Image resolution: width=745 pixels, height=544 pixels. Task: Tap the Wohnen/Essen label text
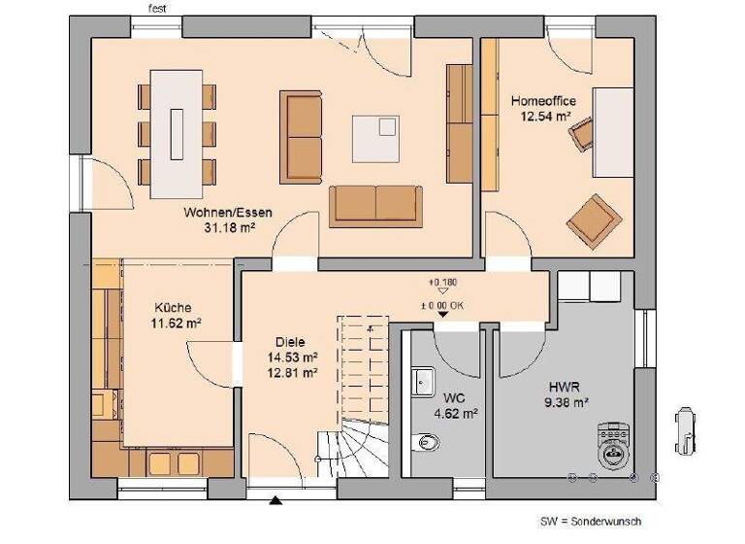228,212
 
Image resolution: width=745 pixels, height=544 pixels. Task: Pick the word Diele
290,342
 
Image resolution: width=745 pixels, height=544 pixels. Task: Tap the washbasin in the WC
422,382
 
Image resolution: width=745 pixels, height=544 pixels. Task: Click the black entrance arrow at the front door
275,501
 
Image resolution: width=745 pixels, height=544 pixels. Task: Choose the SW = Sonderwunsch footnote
590,522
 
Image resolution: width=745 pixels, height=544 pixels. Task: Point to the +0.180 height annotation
441,283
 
